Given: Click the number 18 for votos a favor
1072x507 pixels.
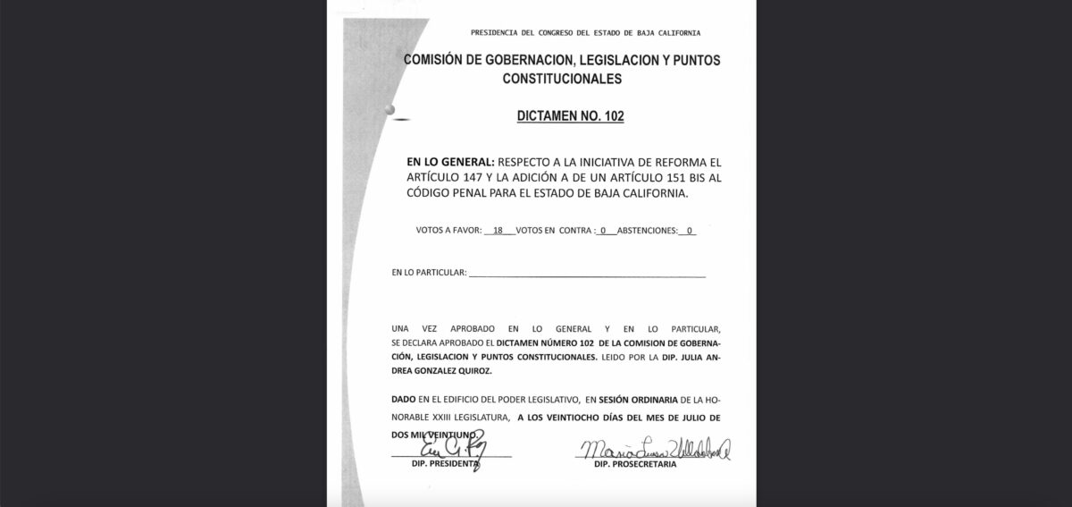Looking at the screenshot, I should (498, 230).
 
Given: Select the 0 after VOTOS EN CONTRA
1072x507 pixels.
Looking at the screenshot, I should (604, 230).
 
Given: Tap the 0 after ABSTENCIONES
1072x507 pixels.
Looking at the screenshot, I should (689, 230).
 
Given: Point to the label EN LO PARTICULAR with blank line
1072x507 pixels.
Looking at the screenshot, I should (429, 273).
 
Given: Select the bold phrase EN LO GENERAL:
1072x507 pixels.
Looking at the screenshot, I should (450, 163).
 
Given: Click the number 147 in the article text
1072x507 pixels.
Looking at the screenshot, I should (488, 178).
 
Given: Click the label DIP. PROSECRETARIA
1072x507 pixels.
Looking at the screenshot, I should (636, 466).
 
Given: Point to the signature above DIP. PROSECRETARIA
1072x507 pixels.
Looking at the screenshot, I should (654, 450).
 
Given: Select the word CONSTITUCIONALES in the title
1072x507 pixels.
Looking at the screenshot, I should (561, 79).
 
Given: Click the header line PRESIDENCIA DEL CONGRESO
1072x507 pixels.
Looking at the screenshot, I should (585, 33).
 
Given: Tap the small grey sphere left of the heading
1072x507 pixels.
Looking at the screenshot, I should (389, 110).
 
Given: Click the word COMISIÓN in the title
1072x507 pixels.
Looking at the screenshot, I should (437, 60).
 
